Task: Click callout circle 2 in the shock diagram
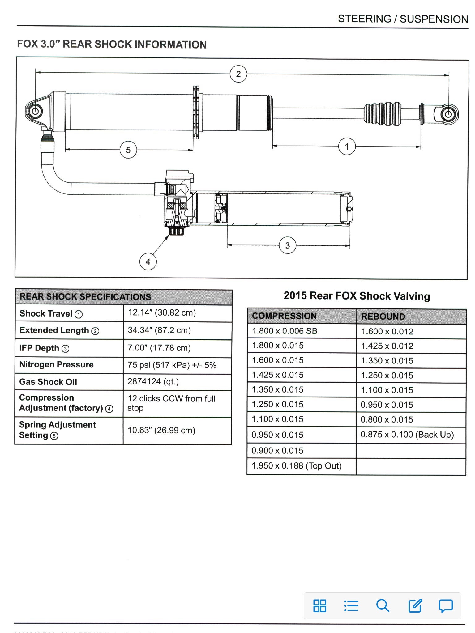[x=238, y=74]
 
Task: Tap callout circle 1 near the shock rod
[x=347, y=147]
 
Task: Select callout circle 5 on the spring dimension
[x=128, y=150]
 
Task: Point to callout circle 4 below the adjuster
[x=148, y=262]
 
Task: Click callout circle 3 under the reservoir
[x=287, y=245]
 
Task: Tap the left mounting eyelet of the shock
[x=35, y=111]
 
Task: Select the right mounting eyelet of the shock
[x=448, y=114]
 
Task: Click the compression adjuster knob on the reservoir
[x=176, y=231]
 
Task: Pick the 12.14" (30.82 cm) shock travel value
[x=162, y=313]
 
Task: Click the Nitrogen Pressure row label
[x=56, y=365]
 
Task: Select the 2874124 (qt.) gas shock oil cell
[x=153, y=382]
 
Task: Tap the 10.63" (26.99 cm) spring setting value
[x=161, y=431]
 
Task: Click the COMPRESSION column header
[x=284, y=316]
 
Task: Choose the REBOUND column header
[x=383, y=316]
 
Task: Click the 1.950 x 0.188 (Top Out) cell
[x=297, y=466]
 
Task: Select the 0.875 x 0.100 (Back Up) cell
[x=407, y=435]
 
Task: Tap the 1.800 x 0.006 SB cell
[x=285, y=331]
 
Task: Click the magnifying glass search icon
[x=383, y=606]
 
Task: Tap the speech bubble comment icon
[x=446, y=606]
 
